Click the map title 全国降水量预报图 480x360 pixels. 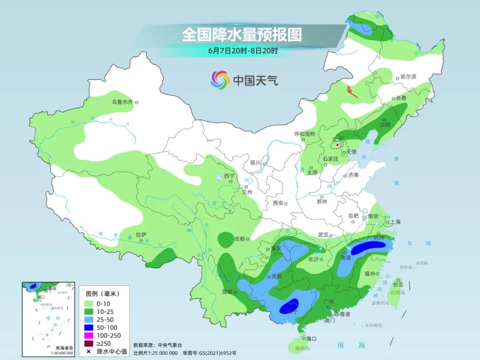pyautogui.click(x=242, y=35)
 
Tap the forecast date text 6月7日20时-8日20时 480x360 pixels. pyautogui.click(x=243, y=51)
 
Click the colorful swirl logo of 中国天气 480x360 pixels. pyautogui.click(x=220, y=80)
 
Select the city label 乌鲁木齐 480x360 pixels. pyautogui.click(x=122, y=102)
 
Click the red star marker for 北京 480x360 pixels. pyautogui.click(x=338, y=144)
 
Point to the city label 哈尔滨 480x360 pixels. pyautogui.click(x=408, y=77)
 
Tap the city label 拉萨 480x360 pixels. pyautogui.click(x=141, y=235)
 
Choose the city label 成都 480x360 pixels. pyautogui.click(x=239, y=239)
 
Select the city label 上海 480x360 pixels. pyautogui.click(x=394, y=222)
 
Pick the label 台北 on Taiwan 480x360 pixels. pyautogui.click(x=398, y=284)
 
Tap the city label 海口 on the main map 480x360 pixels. pyautogui.click(x=311, y=339)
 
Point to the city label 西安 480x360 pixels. pyautogui.click(x=278, y=203)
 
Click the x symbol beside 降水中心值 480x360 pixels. pyautogui.click(x=88, y=352)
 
